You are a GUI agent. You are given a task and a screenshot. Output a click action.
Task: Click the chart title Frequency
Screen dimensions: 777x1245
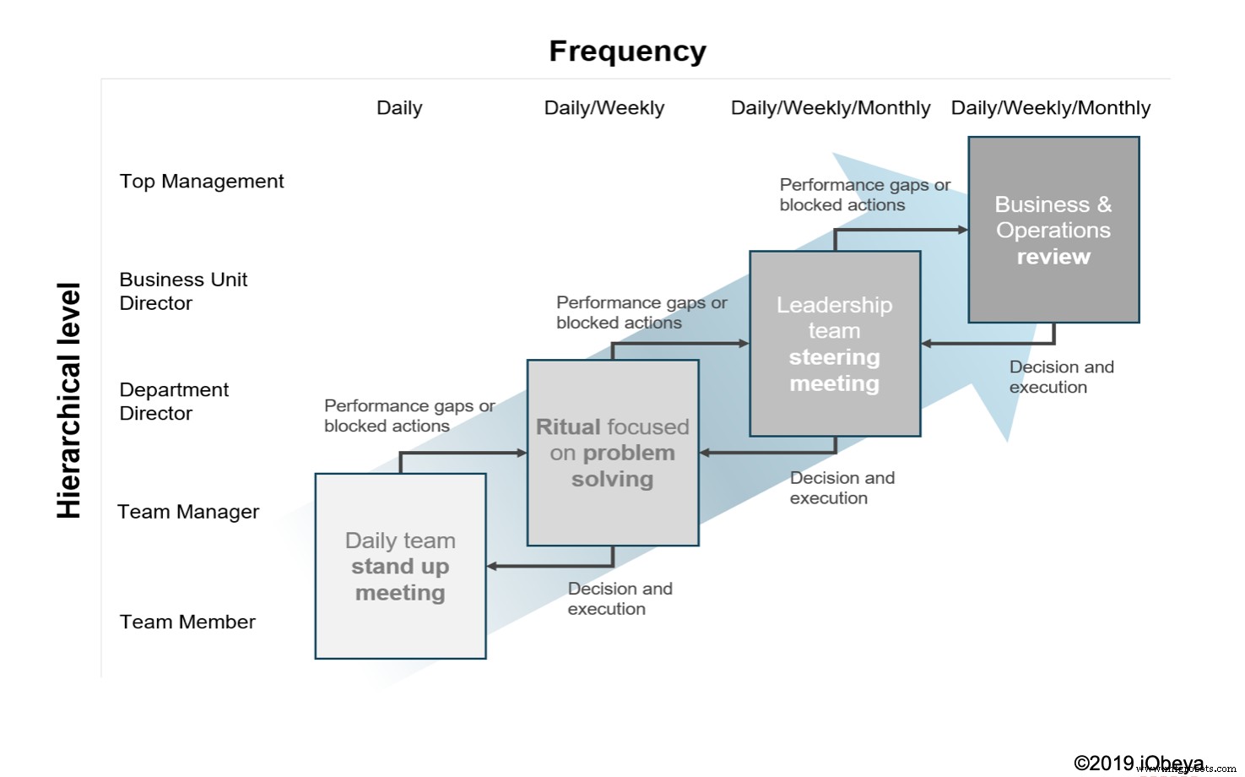coord(627,52)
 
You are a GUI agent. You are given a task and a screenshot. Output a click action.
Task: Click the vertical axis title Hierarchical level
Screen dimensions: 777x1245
coord(69,400)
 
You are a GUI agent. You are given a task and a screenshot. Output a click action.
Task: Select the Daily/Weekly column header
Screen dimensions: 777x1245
coord(604,108)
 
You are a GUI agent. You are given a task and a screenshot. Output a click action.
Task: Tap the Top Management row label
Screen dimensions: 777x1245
coord(201,182)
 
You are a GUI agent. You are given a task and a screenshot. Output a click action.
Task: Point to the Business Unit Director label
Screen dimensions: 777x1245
coord(182,291)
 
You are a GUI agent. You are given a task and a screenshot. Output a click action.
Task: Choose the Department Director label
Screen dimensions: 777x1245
coord(173,401)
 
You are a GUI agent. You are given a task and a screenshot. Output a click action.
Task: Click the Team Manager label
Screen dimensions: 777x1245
coord(187,512)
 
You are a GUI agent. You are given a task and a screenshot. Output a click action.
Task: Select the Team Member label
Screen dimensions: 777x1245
coord(187,622)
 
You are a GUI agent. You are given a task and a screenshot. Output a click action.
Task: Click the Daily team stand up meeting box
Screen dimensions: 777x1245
coord(400,566)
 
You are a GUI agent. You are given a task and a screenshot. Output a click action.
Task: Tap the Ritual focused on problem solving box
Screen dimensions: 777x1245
coord(613,453)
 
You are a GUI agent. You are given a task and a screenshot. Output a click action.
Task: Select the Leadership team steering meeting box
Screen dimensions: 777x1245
coord(835,344)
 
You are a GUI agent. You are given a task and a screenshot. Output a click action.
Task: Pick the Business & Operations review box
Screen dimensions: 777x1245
coord(1053,230)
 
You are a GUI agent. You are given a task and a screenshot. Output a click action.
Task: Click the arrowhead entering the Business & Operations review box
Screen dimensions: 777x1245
coord(962,230)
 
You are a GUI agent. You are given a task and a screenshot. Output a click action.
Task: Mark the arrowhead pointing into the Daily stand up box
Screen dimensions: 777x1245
coord(492,566)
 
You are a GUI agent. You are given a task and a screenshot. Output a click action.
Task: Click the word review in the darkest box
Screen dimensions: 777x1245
coord(1053,257)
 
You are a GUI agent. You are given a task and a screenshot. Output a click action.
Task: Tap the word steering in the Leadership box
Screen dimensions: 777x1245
coord(834,357)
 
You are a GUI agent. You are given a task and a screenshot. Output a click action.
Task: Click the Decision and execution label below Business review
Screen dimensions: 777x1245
coord(1061,378)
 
